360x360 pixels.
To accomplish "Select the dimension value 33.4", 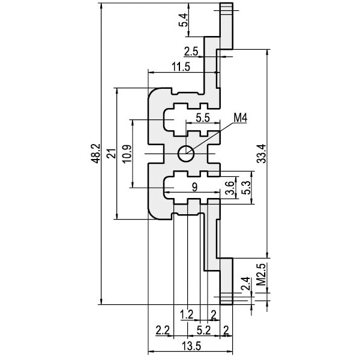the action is (x=262, y=154).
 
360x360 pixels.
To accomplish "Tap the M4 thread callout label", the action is (x=240, y=118).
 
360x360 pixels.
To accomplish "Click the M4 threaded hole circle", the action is (x=186, y=154).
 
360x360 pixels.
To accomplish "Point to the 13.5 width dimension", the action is (x=191, y=346).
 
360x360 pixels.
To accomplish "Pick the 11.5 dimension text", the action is (x=181, y=67).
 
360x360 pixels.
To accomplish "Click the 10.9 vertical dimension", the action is (x=127, y=154).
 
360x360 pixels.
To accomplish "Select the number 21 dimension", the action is (x=112, y=154).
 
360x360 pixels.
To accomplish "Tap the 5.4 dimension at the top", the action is (x=184, y=20).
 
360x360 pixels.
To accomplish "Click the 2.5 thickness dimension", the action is (x=191, y=52).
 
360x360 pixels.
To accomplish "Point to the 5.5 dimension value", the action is (x=203, y=118).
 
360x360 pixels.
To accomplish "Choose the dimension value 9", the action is (x=194, y=187).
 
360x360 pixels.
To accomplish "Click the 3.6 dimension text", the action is (x=230, y=188).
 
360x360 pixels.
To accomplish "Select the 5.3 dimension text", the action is (x=247, y=188).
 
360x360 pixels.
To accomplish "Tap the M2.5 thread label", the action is (x=261, y=274).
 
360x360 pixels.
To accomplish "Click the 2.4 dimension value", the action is (x=245, y=284).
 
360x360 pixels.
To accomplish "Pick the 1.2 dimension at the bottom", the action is (x=187, y=314).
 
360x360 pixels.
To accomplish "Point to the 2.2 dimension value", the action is (x=163, y=331).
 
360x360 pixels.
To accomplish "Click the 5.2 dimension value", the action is (x=203, y=331).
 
